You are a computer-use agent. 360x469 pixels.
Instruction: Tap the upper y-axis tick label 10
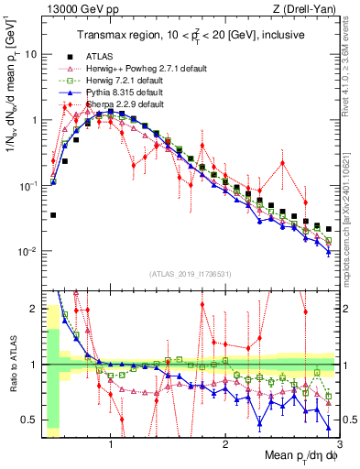tap(30, 54)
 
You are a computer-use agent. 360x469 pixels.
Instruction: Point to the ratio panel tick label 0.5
tap(27, 420)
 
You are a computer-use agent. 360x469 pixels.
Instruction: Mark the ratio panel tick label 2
tap(33, 309)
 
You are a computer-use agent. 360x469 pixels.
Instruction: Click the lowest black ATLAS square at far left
tap(53, 215)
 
